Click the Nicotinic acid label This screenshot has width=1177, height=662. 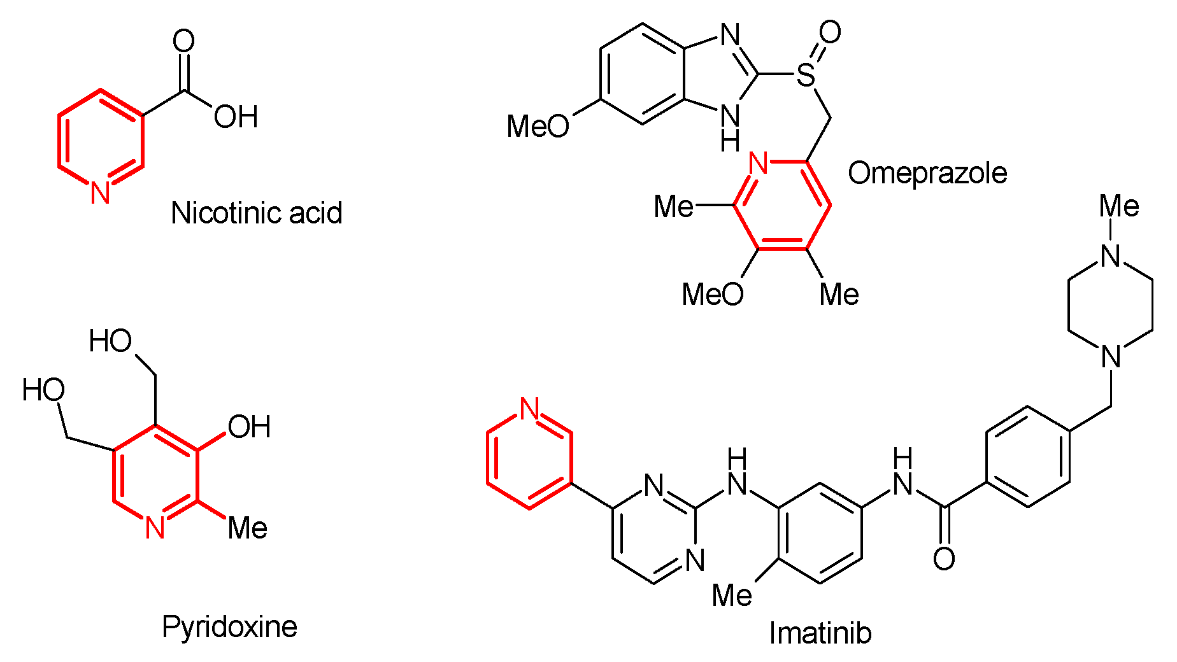pyautogui.click(x=257, y=213)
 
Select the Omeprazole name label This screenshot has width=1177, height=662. pyautogui.click(x=927, y=173)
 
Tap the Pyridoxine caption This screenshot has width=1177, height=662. pyautogui.click(x=229, y=627)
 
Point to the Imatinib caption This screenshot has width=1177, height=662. pyautogui.click(x=820, y=633)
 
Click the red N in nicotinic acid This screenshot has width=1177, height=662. pyautogui.click(x=100, y=193)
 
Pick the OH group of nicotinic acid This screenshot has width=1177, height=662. pyautogui.click(x=236, y=117)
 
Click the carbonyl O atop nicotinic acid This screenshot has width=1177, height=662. pyautogui.click(x=183, y=41)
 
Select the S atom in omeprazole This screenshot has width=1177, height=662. pyautogui.click(x=806, y=75)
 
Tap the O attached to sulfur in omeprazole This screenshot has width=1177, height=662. pyautogui.click(x=830, y=32)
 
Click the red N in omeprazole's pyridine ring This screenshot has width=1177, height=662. pyautogui.click(x=759, y=164)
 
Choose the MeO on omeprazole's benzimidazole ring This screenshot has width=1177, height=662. pyautogui.click(x=538, y=126)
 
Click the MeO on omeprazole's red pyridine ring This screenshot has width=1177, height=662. pyautogui.click(x=713, y=294)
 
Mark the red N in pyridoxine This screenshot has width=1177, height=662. pyautogui.click(x=155, y=528)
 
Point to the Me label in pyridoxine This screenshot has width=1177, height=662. pyautogui.click(x=248, y=528)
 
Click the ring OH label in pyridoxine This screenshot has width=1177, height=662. pyautogui.click(x=249, y=427)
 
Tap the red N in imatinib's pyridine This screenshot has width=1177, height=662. pyautogui.click(x=529, y=409)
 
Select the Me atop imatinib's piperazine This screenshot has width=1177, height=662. pyautogui.click(x=1119, y=206)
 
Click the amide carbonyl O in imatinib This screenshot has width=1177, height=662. pyautogui.click(x=944, y=559)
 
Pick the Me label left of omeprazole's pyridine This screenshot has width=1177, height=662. pyautogui.click(x=674, y=206)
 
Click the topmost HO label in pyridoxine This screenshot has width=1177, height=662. pyautogui.click(x=110, y=341)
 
